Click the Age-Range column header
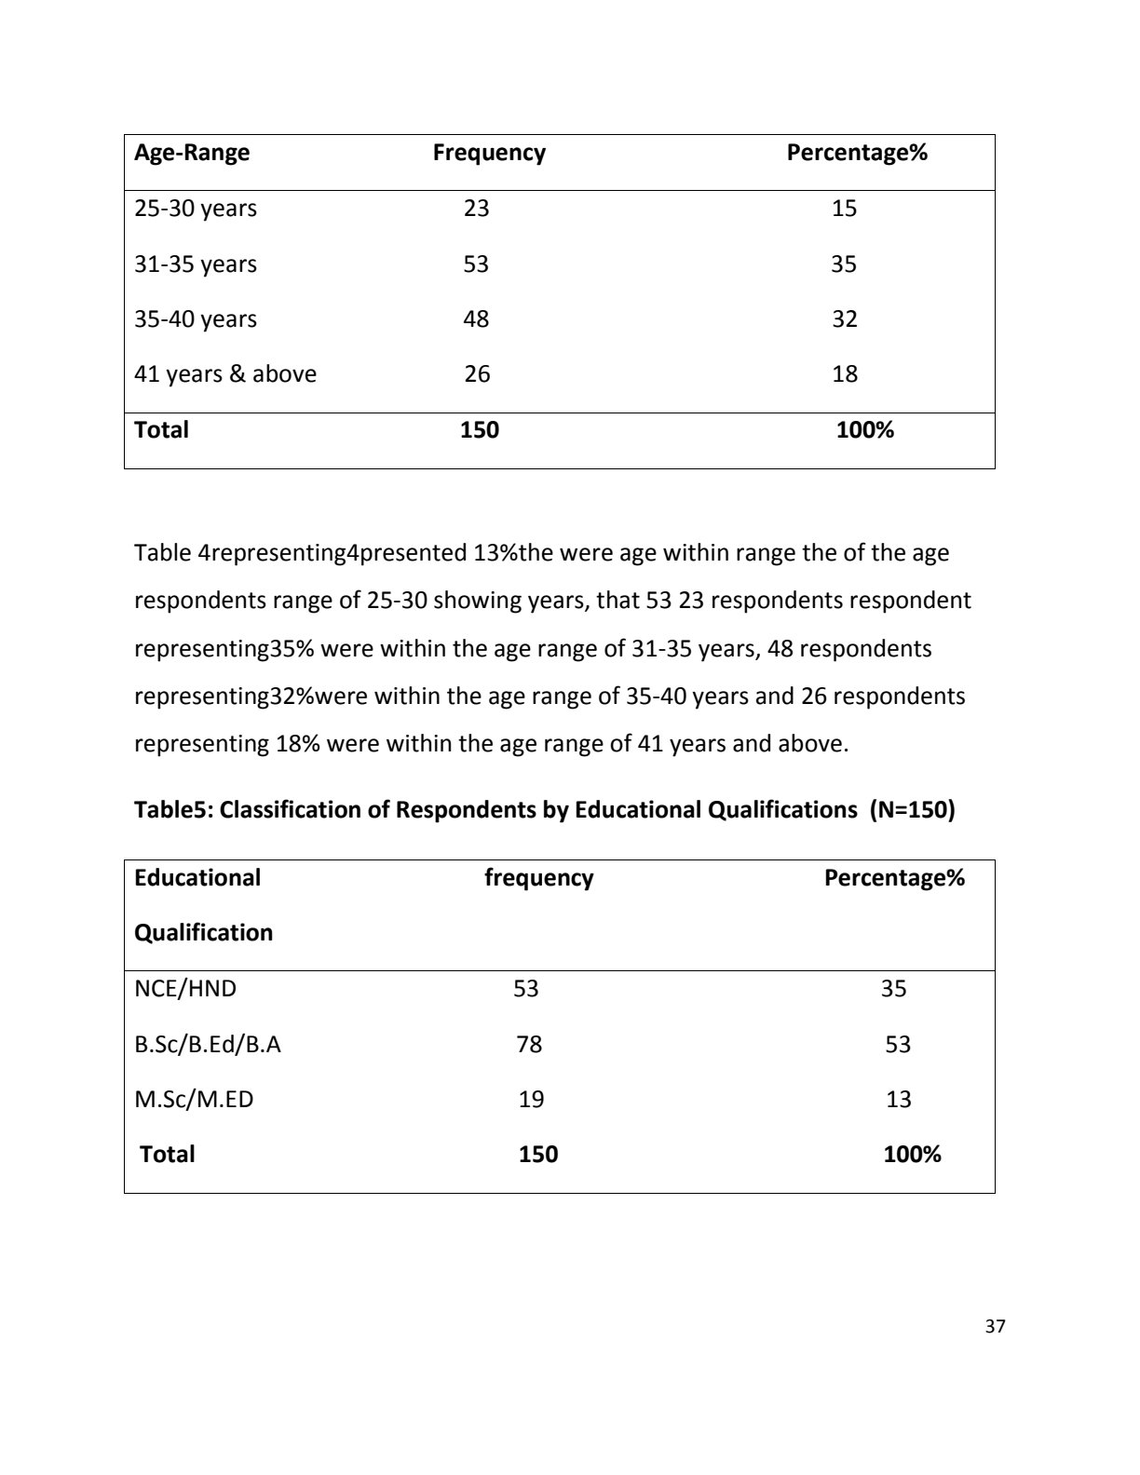(x=192, y=153)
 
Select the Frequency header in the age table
(x=489, y=153)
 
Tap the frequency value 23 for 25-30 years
(x=476, y=209)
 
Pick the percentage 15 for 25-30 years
(x=844, y=209)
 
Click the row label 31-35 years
(x=196, y=264)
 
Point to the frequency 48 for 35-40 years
(x=476, y=319)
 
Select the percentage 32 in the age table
(x=844, y=319)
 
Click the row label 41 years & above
(x=225, y=374)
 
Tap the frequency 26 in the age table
(x=477, y=374)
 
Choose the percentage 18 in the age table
(x=844, y=374)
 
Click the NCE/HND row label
(x=185, y=989)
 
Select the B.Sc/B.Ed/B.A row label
(x=208, y=1045)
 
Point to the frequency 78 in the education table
(x=529, y=1045)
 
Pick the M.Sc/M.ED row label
(x=194, y=1100)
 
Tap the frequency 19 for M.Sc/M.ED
(x=531, y=1100)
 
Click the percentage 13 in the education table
(x=898, y=1100)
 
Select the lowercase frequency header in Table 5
(x=538, y=878)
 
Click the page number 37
(x=995, y=1327)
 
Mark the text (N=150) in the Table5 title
(x=912, y=810)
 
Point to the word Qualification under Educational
(x=204, y=933)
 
